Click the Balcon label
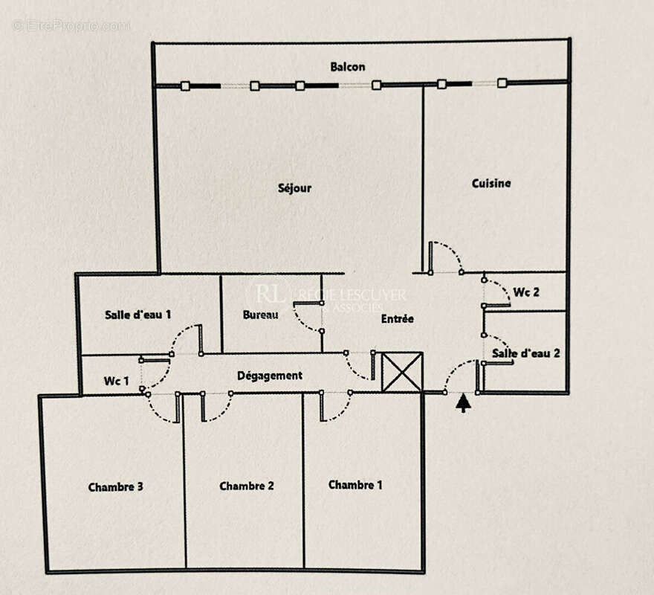click(347, 67)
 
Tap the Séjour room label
click(294, 188)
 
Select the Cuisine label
click(491, 183)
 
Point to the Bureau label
click(260, 315)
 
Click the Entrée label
click(397, 318)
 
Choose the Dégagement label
click(270, 376)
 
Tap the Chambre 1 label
click(355, 485)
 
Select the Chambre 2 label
click(247, 486)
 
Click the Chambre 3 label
click(115, 487)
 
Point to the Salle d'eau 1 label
click(138, 315)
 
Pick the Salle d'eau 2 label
click(525, 353)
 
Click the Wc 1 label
click(116, 382)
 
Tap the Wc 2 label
click(525, 292)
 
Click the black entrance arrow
click(463, 402)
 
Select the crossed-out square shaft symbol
click(401, 372)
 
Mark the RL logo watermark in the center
click(269, 295)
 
